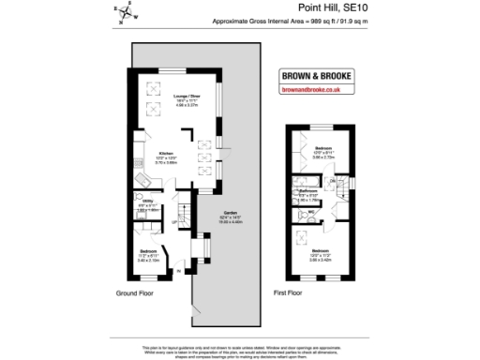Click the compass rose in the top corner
(x=126, y=12)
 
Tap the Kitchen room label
(x=166, y=155)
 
